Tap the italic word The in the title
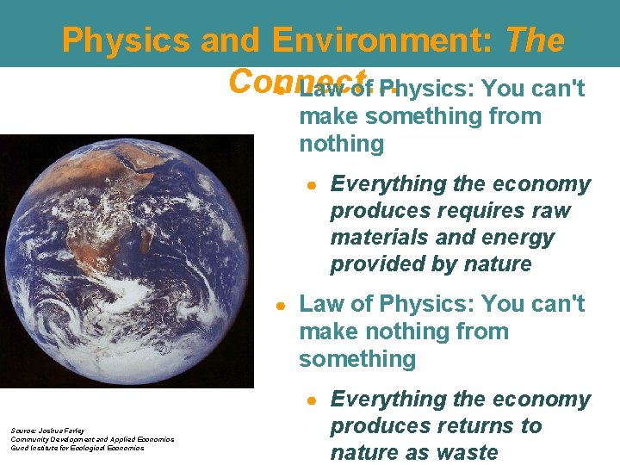tap(535, 40)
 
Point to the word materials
tap(380, 238)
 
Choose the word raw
tap(551, 211)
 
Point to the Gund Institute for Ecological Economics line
tap(77, 448)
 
